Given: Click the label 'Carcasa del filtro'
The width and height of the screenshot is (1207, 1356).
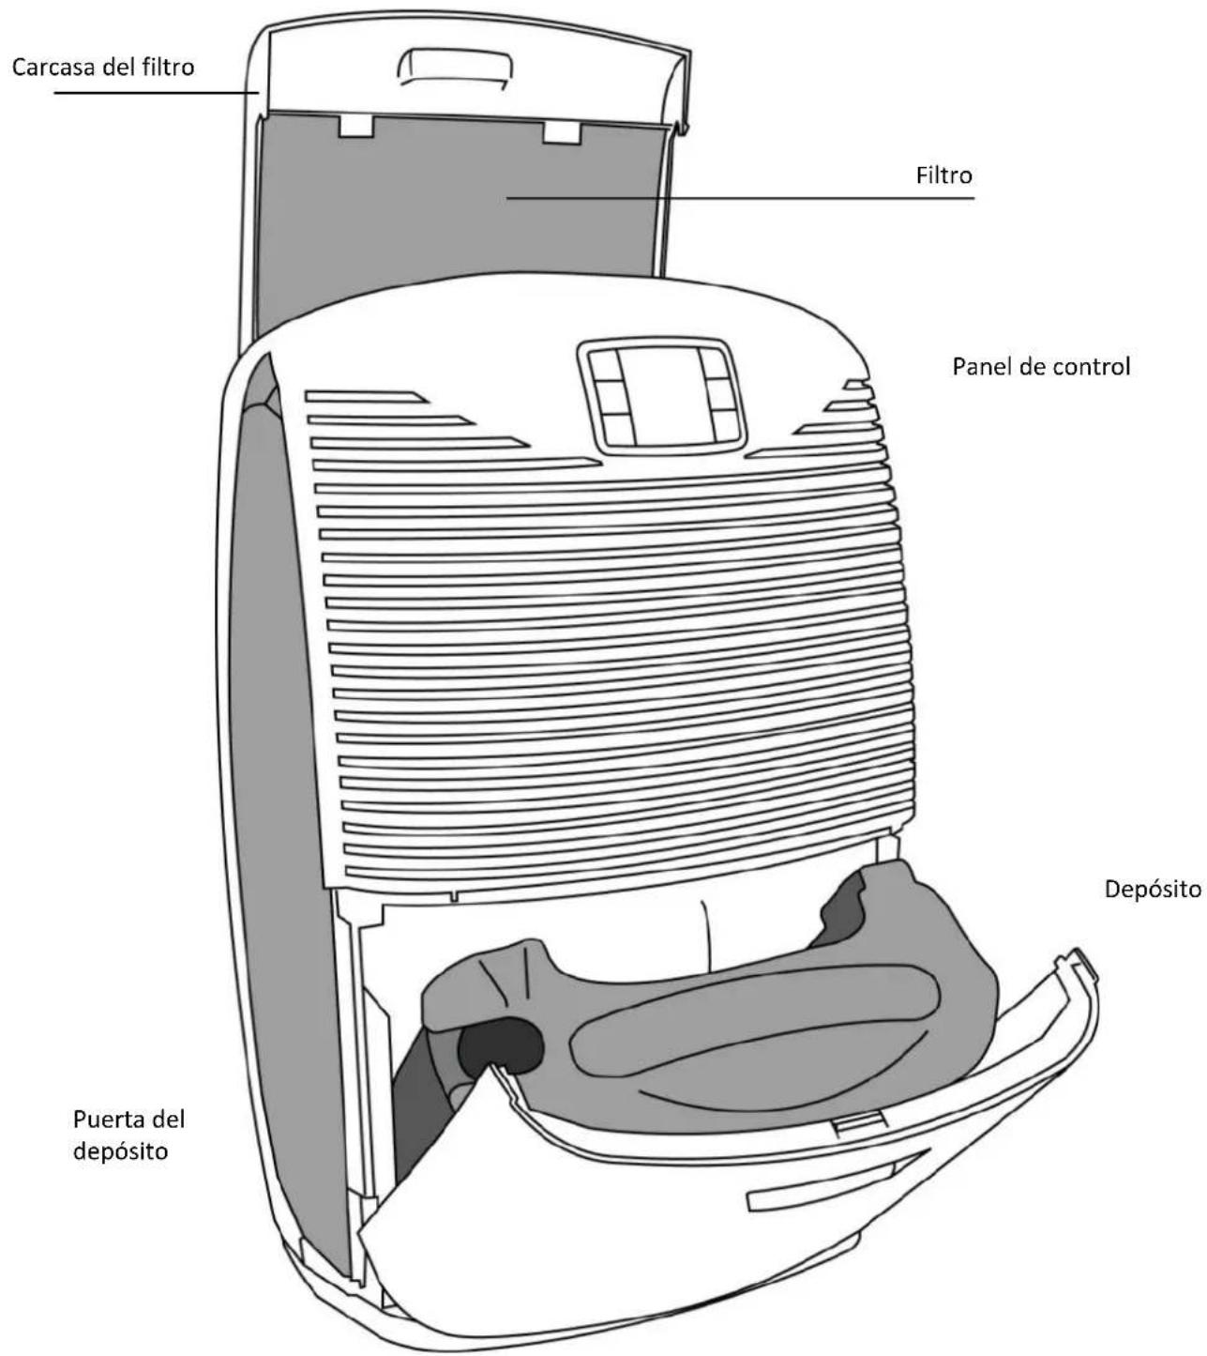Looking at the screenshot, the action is click(x=103, y=67).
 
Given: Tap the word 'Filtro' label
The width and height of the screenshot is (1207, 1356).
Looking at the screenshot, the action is click(x=943, y=175).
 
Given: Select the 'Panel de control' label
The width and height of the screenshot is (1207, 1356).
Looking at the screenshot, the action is click(x=1041, y=366).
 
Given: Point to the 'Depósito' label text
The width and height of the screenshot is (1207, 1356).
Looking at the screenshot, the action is click(x=1152, y=889).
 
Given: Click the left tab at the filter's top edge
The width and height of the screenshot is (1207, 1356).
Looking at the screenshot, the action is click(x=355, y=126).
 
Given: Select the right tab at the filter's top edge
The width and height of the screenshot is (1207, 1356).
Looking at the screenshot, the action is click(x=562, y=132).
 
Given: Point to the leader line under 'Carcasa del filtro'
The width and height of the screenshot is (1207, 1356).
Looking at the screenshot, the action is click(x=156, y=92).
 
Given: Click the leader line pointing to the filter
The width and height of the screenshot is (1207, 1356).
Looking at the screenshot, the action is click(x=740, y=198).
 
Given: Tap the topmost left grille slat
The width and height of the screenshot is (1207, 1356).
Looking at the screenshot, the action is click(x=366, y=396).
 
